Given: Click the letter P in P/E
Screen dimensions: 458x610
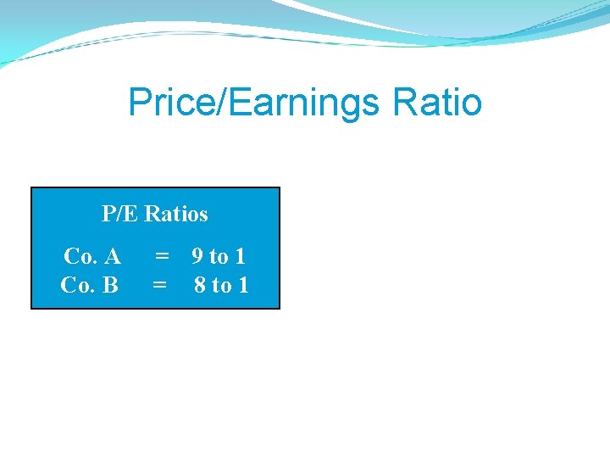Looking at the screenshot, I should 108,214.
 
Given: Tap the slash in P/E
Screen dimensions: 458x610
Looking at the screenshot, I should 120,214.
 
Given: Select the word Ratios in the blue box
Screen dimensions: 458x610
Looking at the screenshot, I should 176,214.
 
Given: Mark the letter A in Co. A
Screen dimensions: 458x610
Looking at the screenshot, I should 112,255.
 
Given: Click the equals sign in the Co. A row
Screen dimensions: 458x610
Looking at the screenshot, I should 160,255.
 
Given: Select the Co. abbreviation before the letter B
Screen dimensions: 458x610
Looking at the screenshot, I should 77,285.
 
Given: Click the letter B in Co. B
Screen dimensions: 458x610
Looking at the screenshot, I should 110,285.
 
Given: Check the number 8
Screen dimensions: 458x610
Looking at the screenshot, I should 201,285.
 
